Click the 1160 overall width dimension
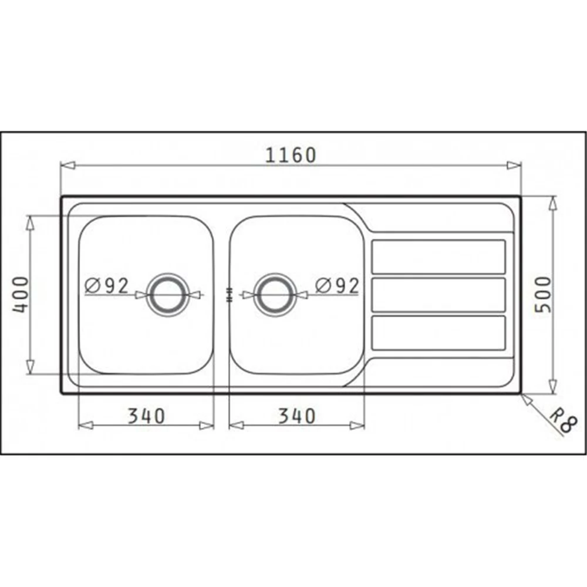291,155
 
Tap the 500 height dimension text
543,295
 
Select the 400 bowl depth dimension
21,295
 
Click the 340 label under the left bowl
146,416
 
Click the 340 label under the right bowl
297,416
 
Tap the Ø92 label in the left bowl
107,286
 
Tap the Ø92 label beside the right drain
337,286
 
